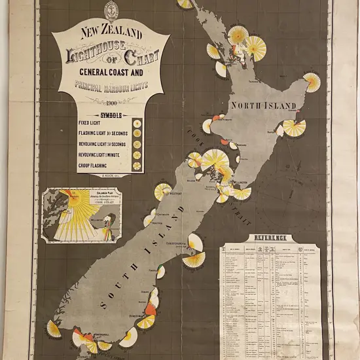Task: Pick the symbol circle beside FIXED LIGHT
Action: click(x=137, y=122)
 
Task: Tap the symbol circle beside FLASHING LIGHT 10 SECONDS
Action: click(x=137, y=133)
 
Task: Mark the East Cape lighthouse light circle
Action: click(x=312, y=82)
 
